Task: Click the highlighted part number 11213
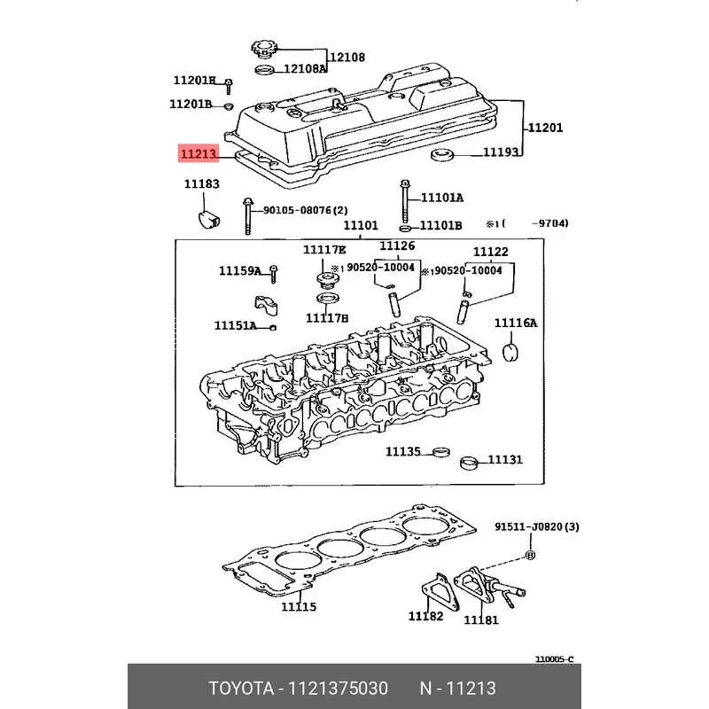pos(199,153)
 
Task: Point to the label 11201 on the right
pos(545,128)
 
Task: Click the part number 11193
pos(500,152)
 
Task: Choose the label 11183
pos(201,184)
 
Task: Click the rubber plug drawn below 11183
pos(206,218)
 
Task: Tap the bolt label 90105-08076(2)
pos(305,211)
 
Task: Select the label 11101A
pos(441,198)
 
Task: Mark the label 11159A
pos(240,270)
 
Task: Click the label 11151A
pos(235,325)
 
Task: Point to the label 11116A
pos(516,323)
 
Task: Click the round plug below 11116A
pos(510,353)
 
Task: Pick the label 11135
pos(402,452)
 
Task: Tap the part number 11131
pos(505,460)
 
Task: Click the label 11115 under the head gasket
pos(299,607)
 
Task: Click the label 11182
pos(425,616)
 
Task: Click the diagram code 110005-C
pos(554,659)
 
